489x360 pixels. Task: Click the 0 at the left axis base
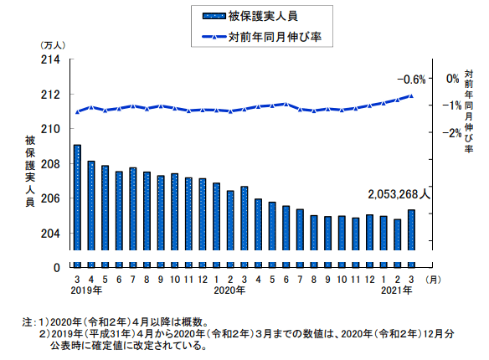tap(56, 268)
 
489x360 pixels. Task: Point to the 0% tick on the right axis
tap(452, 79)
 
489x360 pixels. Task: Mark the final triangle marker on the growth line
tap(411, 95)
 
